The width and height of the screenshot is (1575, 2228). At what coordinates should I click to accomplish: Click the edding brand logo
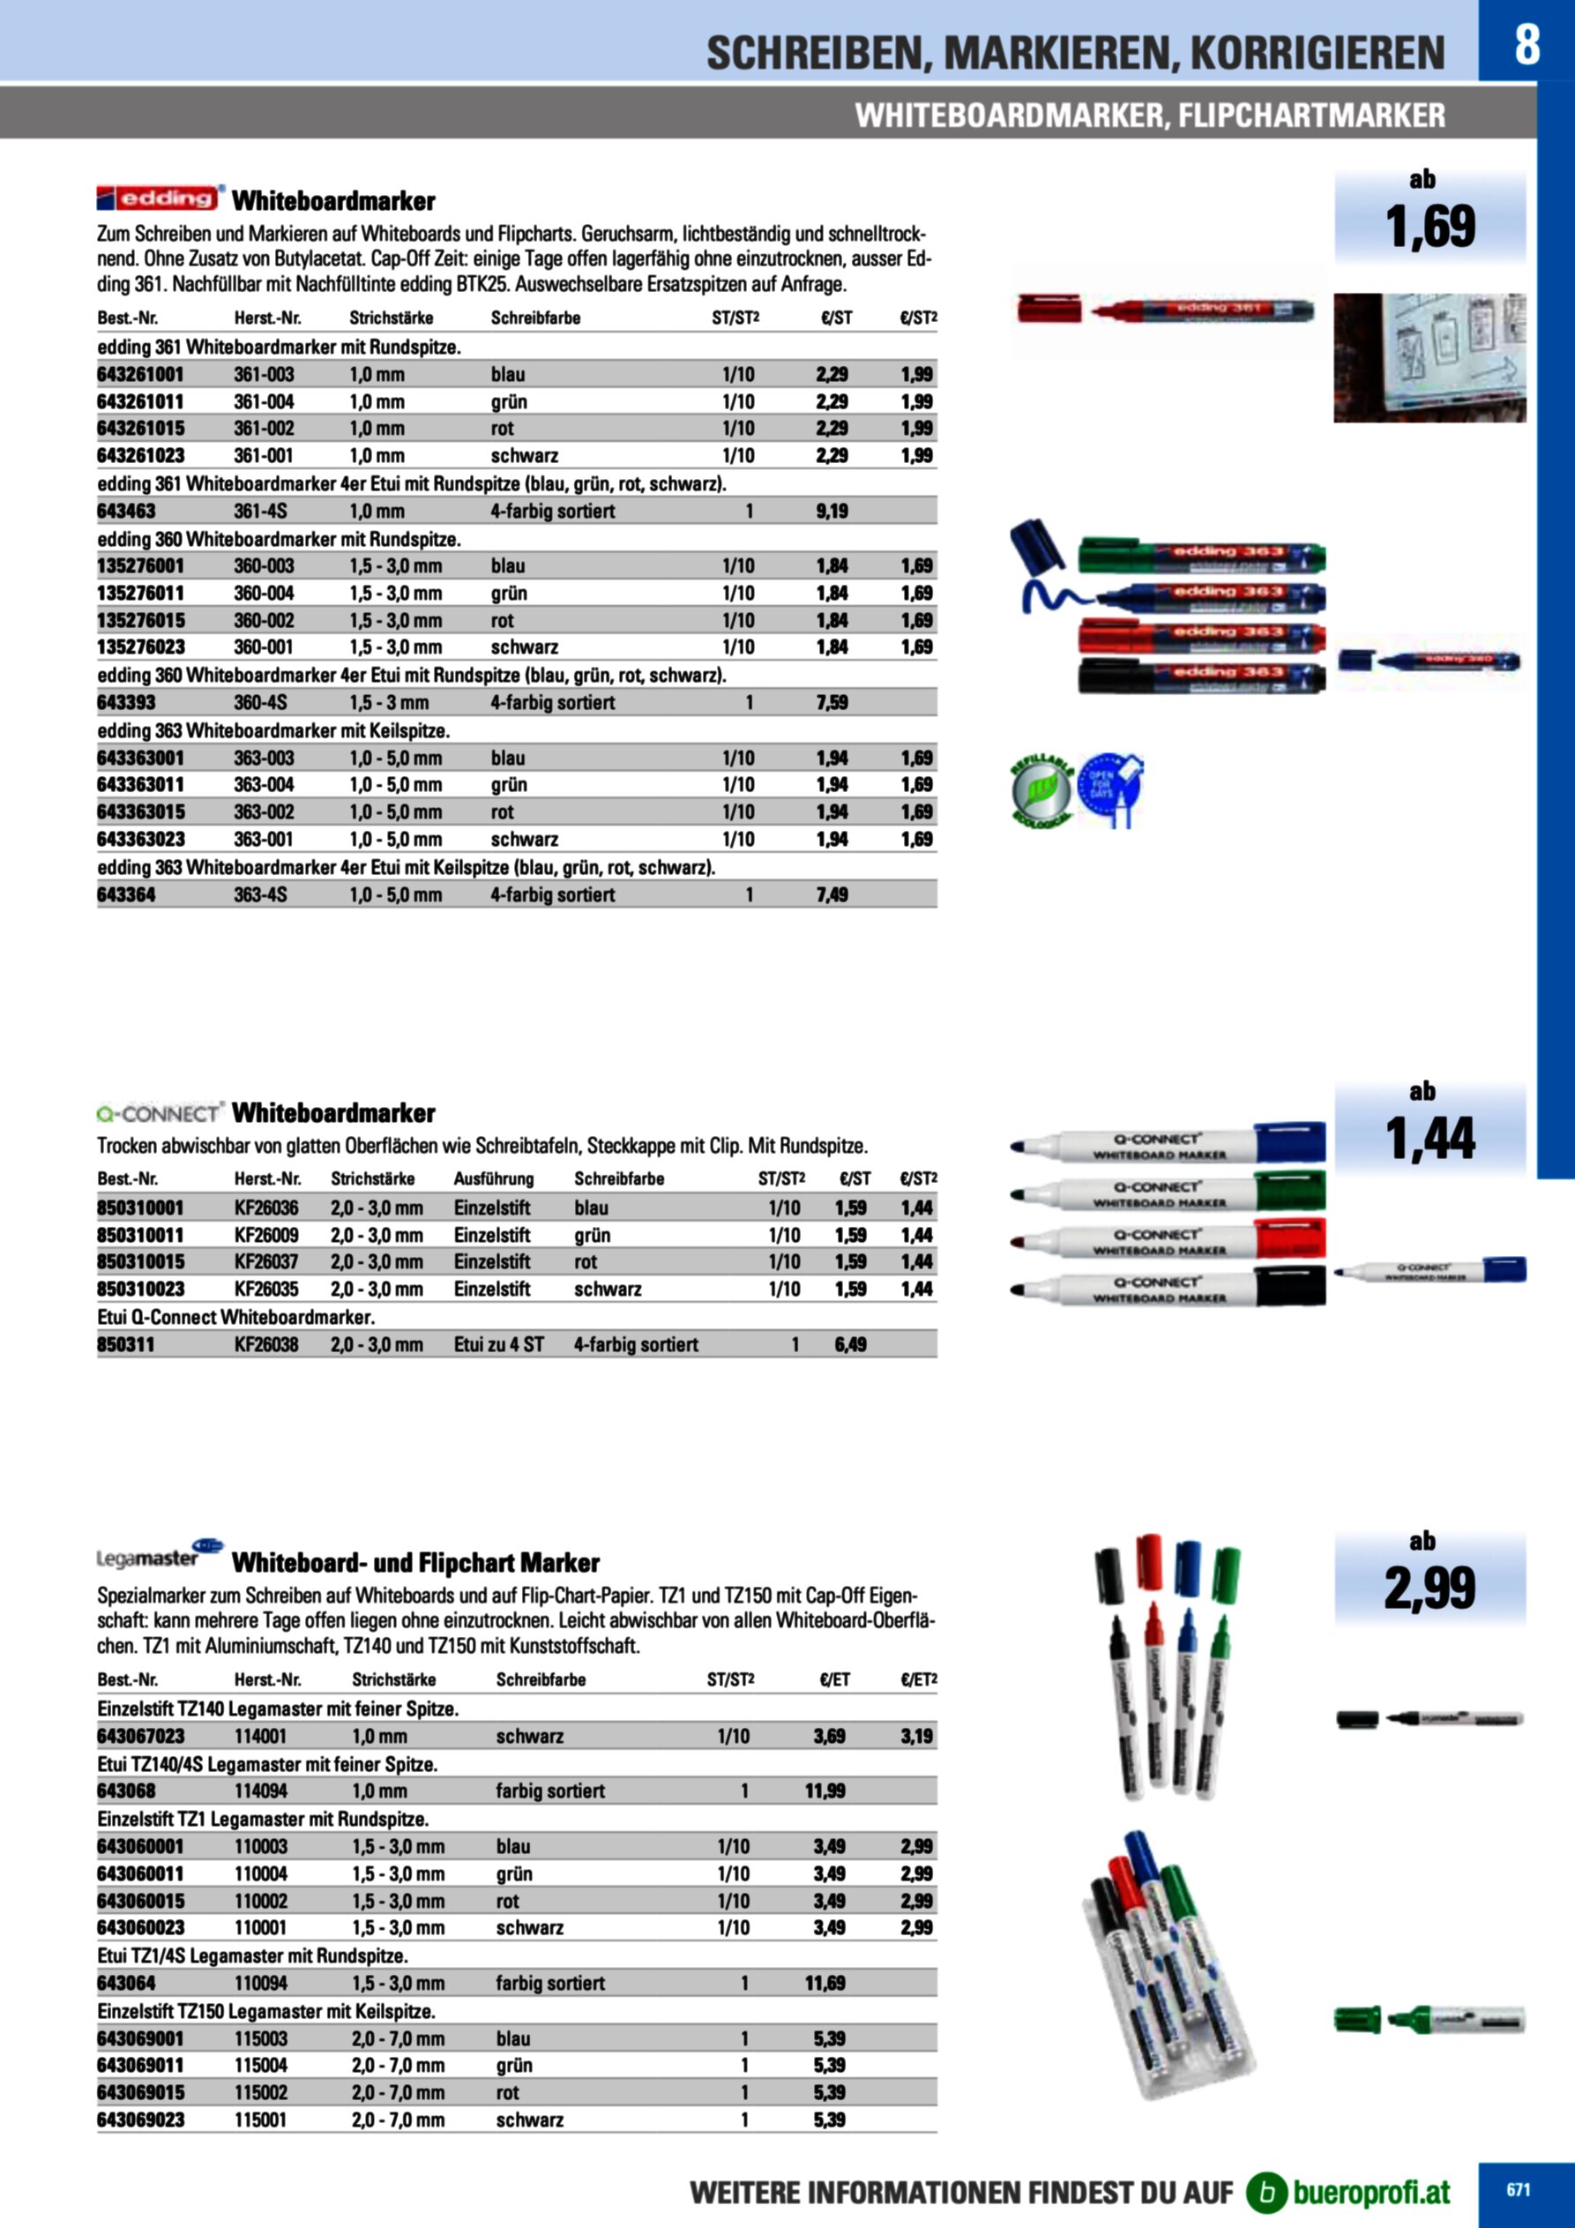pyautogui.click(x=160, y=198)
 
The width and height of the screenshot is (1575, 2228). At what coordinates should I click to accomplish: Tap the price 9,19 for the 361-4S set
pyautogui.click(x=832, y=512)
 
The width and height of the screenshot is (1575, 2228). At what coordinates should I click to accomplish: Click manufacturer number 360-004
pyautogui.click(x=263, y=593)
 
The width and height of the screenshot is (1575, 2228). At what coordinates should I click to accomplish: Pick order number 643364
pyautogui.click(x=126, y=894)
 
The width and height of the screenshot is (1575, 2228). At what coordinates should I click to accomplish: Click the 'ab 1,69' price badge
pyautogui.click(x=1429, y=215)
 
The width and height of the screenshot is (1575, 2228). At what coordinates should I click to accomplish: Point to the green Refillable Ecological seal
pyautogui.click(x=1041, y=792)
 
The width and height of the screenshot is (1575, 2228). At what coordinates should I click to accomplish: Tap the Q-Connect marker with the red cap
pyautogui.click(x=1168, y=1241)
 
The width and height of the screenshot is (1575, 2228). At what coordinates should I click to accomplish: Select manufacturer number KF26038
pyautogui.click(x=266, y=1345)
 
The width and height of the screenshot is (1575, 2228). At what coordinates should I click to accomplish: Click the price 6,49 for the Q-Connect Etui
pyautogui.click(x=850, y=1345)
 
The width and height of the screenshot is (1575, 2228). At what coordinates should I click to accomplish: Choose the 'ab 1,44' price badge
pyautogui.click(x=1429, y=1127)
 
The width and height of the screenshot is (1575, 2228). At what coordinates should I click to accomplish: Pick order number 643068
pyautogui.click(x=126, y=1791)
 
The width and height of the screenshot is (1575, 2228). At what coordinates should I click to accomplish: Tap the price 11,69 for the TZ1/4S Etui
pyautogui.click(x=825, y=1984)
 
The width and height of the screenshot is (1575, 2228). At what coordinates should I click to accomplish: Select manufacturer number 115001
pyautogui.click(x=260, y=2120)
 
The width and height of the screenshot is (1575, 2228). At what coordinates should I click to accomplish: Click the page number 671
pyautogui.click(x=1518, y=2189)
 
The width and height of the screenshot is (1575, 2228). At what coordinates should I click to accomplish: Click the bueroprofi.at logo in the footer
pyautogui.click(x=1349, y=2192)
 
